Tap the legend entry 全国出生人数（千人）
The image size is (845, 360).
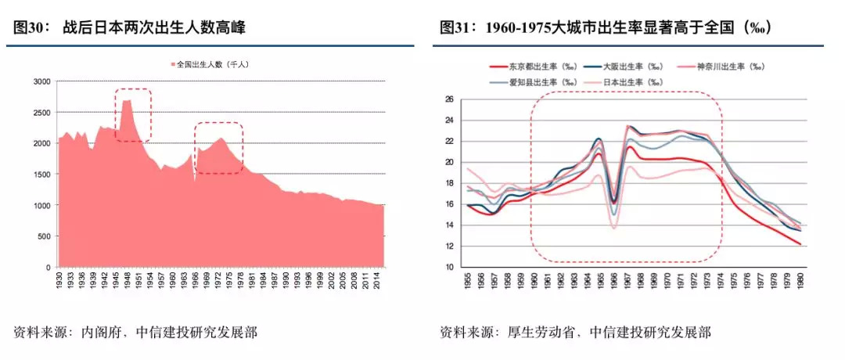pos(212,63)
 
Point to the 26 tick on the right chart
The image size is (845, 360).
pos(449,99)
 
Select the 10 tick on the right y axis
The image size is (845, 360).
pos(449,267)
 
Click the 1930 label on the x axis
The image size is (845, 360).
pos(59,280)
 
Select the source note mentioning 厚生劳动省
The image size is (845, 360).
pos(575,333)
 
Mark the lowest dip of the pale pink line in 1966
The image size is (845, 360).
pos(613,228)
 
